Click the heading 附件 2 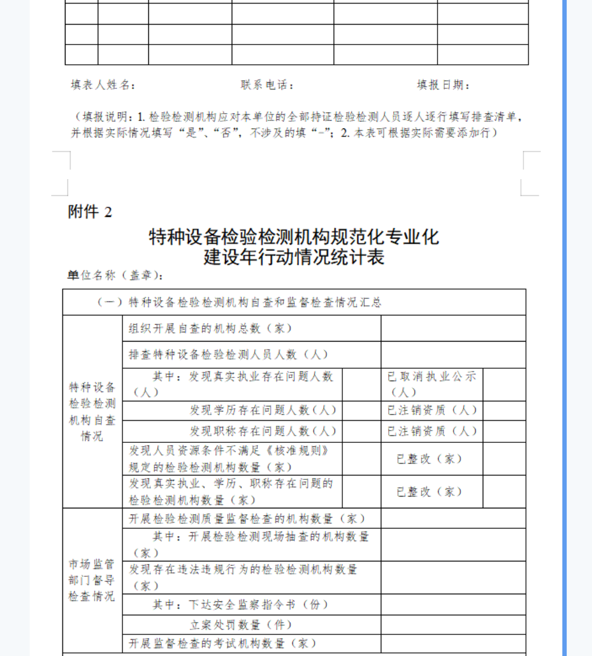(90, 212)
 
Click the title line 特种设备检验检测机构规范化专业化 (294, 237)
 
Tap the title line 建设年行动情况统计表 (294, 257)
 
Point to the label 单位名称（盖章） (116, 275)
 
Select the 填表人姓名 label (103, 86)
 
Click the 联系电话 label (268, 86)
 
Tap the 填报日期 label (443, 86)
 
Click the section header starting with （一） (239, 303)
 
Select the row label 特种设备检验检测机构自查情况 (92, 412)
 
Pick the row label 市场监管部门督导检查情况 (92, 580)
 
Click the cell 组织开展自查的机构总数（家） (210, 329)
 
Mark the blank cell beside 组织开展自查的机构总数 (453, 329)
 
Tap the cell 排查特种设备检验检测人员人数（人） (228, 355)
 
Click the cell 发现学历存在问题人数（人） (263, 411)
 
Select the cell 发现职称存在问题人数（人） (263, 431)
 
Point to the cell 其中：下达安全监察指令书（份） (241, 605)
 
